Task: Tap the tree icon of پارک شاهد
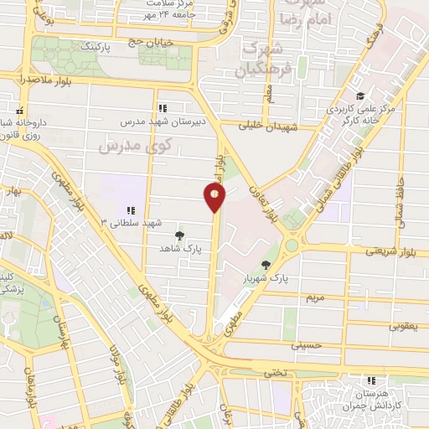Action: tap(178, 235)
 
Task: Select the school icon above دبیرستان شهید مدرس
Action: tap(163, 107)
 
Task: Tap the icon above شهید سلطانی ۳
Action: tap(129, 209)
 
